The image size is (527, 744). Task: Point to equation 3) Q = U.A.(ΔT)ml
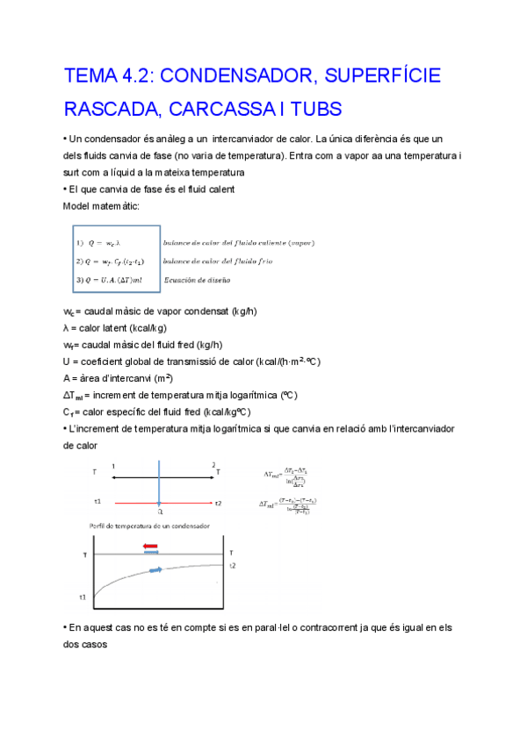tap(115, 280)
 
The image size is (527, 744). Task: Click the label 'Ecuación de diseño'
tap(197, 280)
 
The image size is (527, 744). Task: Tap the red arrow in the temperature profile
tap(151, 545)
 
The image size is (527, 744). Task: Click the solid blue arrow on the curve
tap(156, 570)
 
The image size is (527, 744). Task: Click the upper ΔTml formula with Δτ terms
tap(287, 475)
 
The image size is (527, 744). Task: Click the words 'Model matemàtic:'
tap(101, 205)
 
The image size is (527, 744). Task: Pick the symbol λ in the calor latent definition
tap(67, 327)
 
